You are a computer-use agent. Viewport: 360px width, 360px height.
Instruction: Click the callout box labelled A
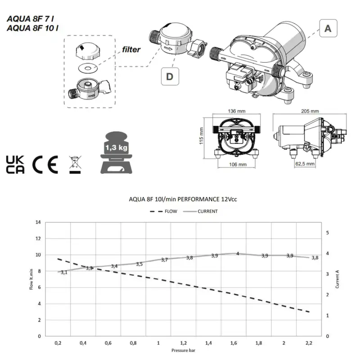pyautogui.click(x=328, y=28)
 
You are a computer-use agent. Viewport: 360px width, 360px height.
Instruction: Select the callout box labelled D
pyautogui.click(x=170, y=76)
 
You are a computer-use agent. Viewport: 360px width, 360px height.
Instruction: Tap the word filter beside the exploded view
pyautogui.click(x=131, y=49)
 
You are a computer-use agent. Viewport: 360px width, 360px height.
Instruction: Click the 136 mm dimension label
pyautogui.click(x=237, y=111)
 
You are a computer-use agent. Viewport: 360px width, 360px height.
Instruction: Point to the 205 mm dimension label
pyautogui.click(x=310, y=111)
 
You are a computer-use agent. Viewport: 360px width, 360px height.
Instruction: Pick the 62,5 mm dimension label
pyautogui.click(x=305, y=164)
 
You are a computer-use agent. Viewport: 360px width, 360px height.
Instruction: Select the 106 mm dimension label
pyautogui.click(x=238, y=164)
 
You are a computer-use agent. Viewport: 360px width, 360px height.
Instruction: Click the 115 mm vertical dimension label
pyautogui.click(x=201, y=136)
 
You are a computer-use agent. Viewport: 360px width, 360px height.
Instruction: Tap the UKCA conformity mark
pyautogui.click(x=15, y=164)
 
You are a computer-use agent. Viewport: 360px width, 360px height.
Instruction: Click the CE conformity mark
pyautogui.click(x=45, y=164)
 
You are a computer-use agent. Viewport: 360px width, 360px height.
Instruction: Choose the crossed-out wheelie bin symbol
pyautogui.click(x=75, y=165)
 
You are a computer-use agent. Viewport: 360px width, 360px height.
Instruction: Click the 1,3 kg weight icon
pyautogui.click(x=116, y=153)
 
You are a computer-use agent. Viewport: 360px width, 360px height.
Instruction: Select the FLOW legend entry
pyautogui.click(x=163, y=211)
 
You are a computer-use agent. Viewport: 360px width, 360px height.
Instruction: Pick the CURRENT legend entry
pyautogui.click(x=200, y=211)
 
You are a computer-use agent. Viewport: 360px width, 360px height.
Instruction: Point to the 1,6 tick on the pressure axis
pyautogui.click(x=234, y=343)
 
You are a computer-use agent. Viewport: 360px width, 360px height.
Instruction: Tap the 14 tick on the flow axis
pyautogui.click(x=38, y=222)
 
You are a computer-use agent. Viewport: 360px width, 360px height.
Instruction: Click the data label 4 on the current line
pyautogui.click(x=238, y=254)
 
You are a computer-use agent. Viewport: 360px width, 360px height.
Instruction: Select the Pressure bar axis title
pyautogui.click(x=183, y=351)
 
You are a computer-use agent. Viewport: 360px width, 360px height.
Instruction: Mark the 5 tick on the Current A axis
pyautogui.click(x=328, y=233)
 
